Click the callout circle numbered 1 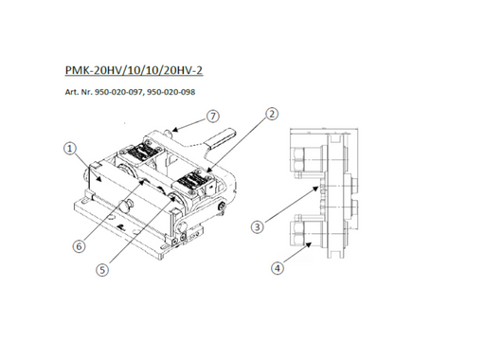click(70, 148)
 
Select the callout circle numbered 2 click(272, 114)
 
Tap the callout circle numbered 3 click(258, 226)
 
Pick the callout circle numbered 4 click(278, 268)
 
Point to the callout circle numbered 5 click(102, 270)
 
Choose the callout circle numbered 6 click(80, 245)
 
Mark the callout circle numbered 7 click(213, 117)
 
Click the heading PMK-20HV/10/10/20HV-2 click(134, 70)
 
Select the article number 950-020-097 click(119, 92)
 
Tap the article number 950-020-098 click(171, 92)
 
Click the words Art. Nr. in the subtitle click(79, 92)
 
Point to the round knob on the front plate click(125, 207)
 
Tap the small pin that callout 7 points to click(169, 132)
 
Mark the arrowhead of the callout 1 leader click(99, 179)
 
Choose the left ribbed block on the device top click(139, 153)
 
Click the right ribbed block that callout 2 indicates click(192, 181)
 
